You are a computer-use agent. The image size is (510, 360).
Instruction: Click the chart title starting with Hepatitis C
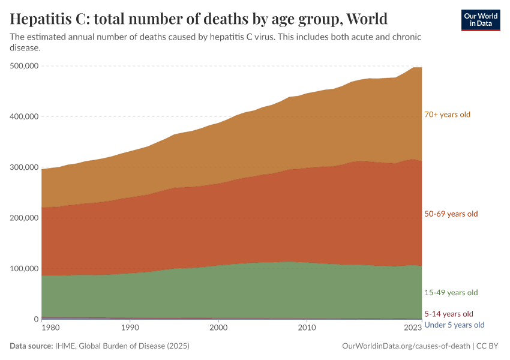pos(199,18)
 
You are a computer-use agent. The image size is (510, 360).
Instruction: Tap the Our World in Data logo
pos(480,20)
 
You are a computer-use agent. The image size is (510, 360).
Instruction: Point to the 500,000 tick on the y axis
pos(25,66)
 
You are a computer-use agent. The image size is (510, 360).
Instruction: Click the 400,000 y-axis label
pos(25,116)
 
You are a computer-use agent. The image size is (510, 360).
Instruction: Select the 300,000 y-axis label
pos(25,167)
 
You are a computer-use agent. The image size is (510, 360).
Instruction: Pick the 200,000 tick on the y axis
pos(25,218)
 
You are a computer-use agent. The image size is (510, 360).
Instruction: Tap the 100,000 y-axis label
pos(25,269)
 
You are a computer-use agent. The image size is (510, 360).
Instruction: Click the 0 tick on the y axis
pos(36,319)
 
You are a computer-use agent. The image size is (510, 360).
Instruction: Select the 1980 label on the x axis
pos(50,328)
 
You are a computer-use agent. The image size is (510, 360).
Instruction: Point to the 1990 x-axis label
pos(130,328)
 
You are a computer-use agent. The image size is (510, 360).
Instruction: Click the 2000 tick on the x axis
pos(218,328)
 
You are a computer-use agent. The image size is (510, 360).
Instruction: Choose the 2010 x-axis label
pos(307,328)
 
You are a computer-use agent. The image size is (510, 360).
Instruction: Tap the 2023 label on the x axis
pos(413,328)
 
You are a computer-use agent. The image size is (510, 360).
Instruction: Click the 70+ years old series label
pos(447,115)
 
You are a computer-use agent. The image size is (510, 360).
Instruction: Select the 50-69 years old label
pos(451,214)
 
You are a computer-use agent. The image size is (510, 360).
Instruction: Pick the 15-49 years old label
pos(451,293)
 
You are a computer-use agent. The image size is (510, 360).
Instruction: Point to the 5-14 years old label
pos(448,314)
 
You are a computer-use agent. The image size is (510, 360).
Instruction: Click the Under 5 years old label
pos(454,325)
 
